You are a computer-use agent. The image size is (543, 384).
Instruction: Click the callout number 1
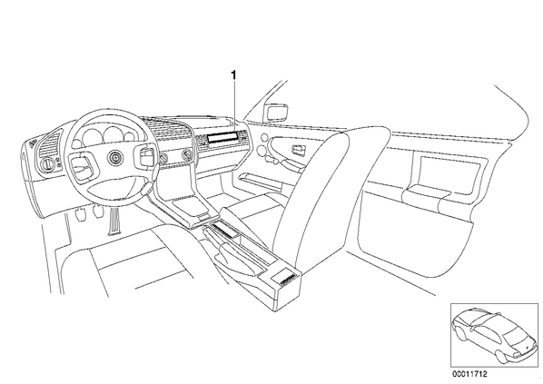(234, 74)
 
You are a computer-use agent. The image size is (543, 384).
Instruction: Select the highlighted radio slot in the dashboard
(222, 137)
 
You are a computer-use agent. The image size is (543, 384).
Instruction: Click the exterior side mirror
(276, 112)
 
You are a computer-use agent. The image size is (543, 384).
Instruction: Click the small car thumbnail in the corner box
(492, 335)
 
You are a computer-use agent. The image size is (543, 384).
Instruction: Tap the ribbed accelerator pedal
(114, 222)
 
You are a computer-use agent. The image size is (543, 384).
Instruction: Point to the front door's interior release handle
(298, 150)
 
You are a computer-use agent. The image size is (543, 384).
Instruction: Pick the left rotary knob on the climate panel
(163, 158)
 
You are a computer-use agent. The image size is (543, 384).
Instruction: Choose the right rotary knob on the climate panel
(188, 154)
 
